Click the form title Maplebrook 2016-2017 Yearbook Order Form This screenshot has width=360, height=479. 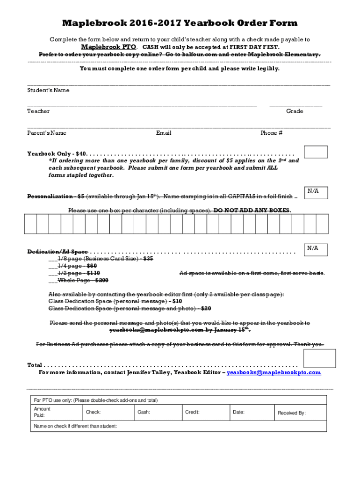click(x=180, y=23)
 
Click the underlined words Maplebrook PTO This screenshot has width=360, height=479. click(x=109, y=47)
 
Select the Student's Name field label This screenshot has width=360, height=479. click(x=48, y=90)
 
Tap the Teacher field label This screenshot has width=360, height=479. click(x=38, y=111)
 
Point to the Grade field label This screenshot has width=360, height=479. click(x=295, y=111)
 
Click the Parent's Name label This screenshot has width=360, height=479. click(x=47, y=133)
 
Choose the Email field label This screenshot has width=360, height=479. click(x=164, y=133)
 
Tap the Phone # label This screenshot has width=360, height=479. click(x=271, y=133)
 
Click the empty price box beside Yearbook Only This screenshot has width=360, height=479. click(x=316, y=152)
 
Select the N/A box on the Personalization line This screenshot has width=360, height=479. click(x=316, y=192)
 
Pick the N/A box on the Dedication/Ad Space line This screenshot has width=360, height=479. click(x=316, y=249)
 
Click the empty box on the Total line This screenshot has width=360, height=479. click(x=319, y=358)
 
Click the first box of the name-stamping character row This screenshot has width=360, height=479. click(x=30, y=223)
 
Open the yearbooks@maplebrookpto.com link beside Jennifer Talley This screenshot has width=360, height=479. click(x=274, y=373)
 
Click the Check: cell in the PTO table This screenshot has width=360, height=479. click(x=108, y=412)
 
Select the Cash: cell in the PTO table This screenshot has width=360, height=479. click(x=158, y=412)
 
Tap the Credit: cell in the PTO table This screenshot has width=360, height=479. click(x=206, y=412)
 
